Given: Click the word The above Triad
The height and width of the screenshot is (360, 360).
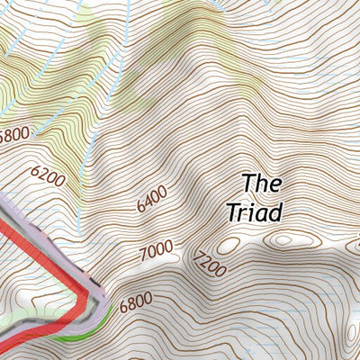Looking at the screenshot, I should point(262,184).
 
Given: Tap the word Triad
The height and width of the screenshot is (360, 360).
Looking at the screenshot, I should point(255,212).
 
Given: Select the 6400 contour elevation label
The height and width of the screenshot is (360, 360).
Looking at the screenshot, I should point(152,198).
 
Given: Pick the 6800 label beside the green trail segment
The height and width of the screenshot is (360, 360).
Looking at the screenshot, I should point(135,302).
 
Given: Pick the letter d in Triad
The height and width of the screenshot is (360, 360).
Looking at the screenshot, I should point(276,212).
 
